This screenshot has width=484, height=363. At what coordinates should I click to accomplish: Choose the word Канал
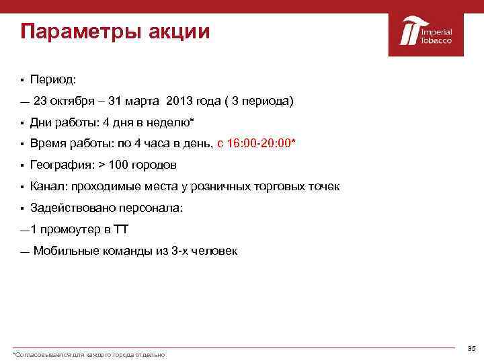[48, 186]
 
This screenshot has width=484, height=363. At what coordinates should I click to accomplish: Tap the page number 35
[471, 348]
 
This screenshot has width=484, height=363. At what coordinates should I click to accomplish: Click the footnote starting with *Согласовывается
[89, 354]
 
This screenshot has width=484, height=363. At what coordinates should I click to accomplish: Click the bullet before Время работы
[22, 144]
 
